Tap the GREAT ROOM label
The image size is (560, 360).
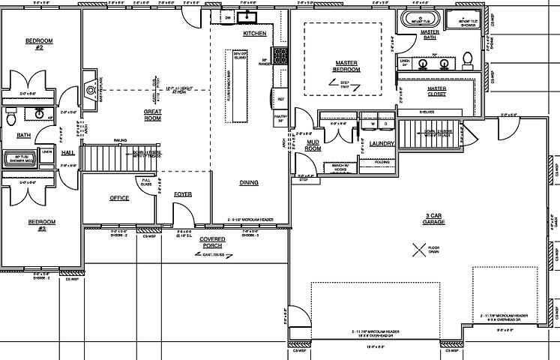tap(153, 115)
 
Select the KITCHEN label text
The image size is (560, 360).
tap(255, 34)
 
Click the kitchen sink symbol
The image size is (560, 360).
tap(247, 17)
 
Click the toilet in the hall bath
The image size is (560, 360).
tap(11, 118)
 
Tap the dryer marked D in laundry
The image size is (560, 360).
tap(385, 124)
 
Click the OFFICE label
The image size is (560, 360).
tap(119, 198)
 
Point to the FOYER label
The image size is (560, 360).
tap(182, 194)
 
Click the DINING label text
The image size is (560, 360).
tap(249, 182)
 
